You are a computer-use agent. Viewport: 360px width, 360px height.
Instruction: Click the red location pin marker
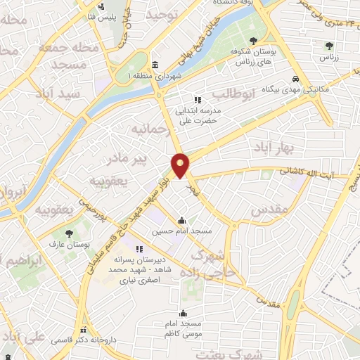181,165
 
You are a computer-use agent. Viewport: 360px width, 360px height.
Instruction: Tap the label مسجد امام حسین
182,230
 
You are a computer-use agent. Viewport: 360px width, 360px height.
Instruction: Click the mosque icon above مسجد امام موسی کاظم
184,314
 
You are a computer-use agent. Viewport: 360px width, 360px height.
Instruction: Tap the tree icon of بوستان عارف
69,233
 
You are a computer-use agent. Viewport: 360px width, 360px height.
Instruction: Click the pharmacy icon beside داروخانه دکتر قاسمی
84,330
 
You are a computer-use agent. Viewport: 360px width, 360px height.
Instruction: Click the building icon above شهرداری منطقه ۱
155,65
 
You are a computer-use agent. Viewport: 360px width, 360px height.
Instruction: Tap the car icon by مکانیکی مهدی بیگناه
297,79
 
